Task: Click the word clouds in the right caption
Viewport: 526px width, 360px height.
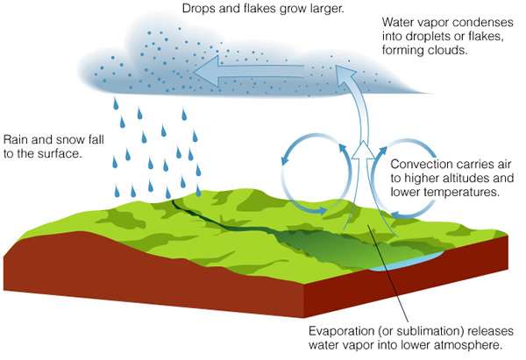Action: [447, 50]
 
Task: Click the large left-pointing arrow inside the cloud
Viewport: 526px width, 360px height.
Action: [249, 71]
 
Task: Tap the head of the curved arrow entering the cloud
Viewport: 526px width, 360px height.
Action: [345, 72]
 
